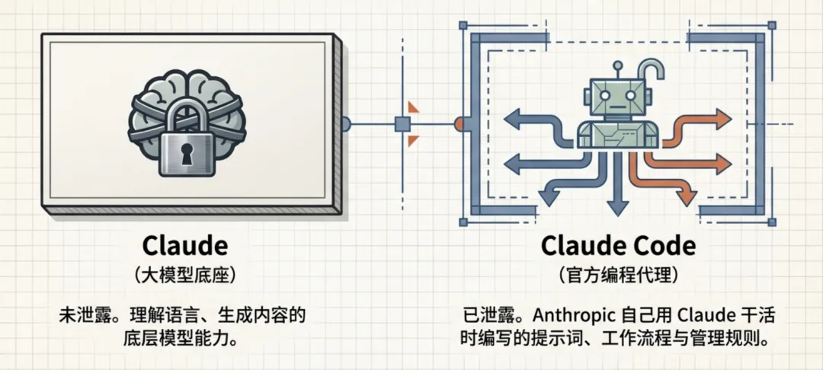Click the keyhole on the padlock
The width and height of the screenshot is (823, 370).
click(187, 152)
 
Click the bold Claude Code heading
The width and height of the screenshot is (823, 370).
click(618, 245)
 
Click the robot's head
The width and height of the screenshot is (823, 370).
click(610, 95)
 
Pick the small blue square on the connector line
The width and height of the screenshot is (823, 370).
click(402, 123)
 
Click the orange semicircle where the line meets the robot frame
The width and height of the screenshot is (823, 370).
click(458, 123)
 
